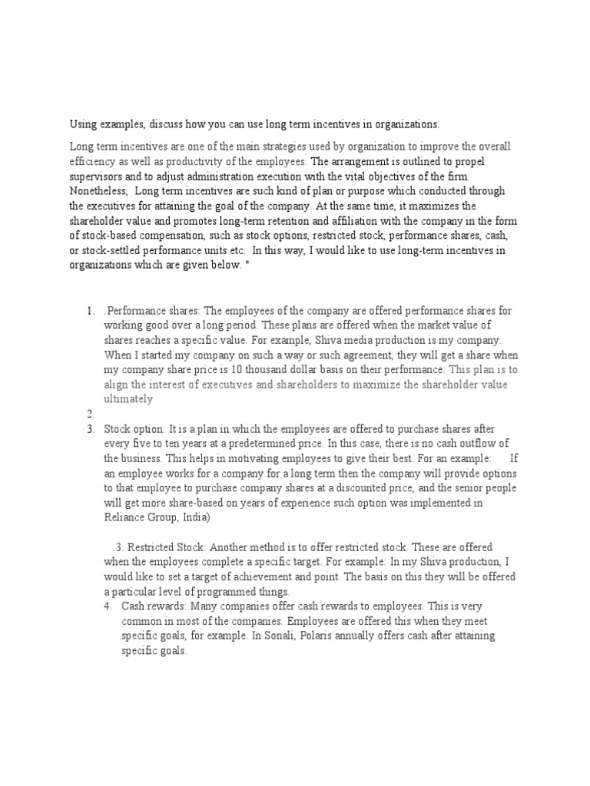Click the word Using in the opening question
tap(83, 124)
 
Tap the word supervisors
tap(97, 177)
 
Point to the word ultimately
tap(128, 399)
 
